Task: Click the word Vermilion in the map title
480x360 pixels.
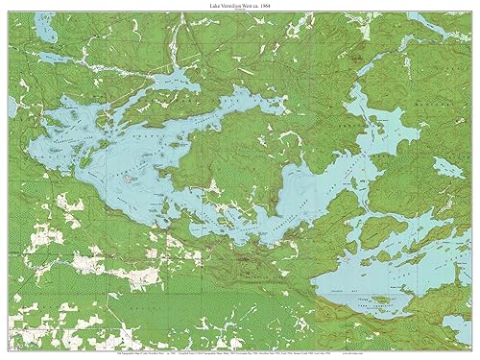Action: click(237, 7)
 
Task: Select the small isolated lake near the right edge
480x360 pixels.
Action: click(446, 167)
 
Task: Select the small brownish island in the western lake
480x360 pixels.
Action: click(130, 179)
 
